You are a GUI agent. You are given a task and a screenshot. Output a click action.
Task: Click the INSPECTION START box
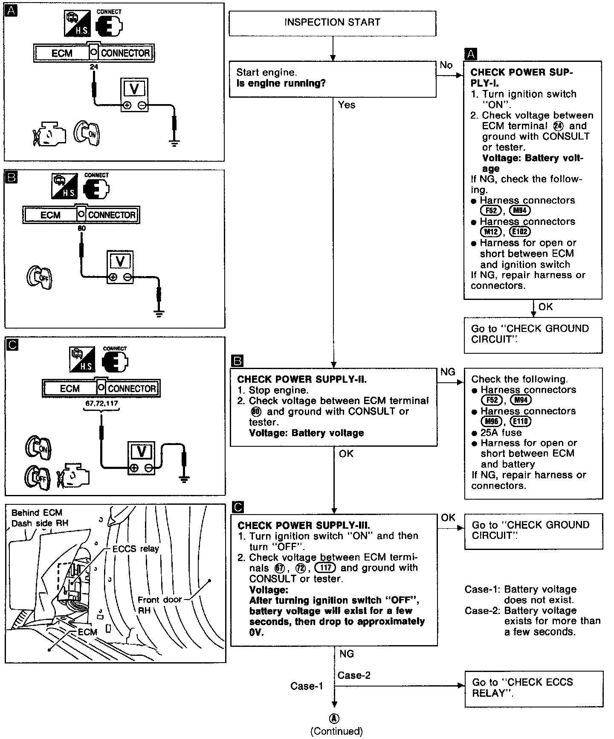(x=332, y=23)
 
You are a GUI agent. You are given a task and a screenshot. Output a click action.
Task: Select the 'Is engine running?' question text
(x=281, y=83)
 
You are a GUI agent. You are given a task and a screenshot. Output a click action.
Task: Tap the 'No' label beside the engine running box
(x=446, y=65)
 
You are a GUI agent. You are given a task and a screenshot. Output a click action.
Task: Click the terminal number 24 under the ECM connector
(x=94, y=67)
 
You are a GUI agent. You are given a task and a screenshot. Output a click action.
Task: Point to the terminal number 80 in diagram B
(x=81, y=228)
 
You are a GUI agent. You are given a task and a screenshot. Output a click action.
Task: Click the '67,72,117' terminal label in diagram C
(x=101, y=403)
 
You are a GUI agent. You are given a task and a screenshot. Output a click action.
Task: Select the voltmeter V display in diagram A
(x=134, y=88)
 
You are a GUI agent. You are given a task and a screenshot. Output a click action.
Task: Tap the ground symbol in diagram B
(x=159, y=315)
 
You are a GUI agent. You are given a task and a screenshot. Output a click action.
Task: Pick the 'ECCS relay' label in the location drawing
(x=135, y=549)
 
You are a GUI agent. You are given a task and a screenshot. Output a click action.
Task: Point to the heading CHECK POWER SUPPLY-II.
(x=301, y=379)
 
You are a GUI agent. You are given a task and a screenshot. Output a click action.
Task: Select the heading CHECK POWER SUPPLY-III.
(x=304, y=525)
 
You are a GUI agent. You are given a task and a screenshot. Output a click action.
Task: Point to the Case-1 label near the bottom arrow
(x=307, y=686)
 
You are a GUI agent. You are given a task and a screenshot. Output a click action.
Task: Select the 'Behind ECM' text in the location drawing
(x=37, y=513)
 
